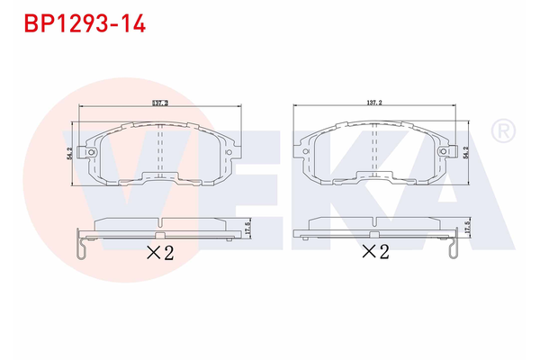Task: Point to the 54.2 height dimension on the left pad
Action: point(69,155)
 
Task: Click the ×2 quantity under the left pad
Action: point(158,252)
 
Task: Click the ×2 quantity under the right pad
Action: point(375,252)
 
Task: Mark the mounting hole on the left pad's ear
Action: point(93,153)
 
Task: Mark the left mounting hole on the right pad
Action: point(308,153)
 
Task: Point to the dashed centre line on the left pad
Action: point(158,144)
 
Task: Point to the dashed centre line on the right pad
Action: point(375,144)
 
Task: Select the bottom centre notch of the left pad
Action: point(158,173)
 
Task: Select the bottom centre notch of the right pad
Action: point(375,173)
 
